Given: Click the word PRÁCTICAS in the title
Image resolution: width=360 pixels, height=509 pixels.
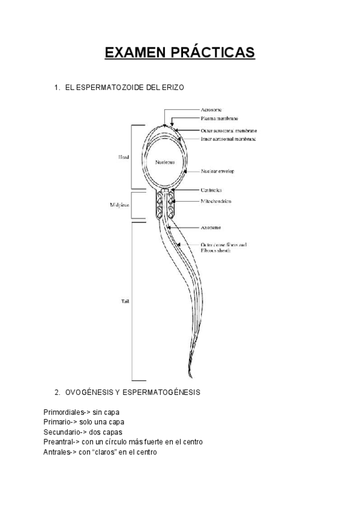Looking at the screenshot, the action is click(x=212, y=53).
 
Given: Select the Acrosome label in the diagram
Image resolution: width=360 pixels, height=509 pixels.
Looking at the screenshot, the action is click(x=212, y=110).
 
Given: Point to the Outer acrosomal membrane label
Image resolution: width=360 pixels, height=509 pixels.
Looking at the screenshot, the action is click(x=229, y=130).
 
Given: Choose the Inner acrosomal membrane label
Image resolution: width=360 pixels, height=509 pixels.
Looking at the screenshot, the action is click(x=228, y=139).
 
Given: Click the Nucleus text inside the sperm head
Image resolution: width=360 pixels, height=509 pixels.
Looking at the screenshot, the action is click(x=164, y=162).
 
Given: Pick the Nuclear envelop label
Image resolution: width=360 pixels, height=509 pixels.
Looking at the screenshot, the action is click(x=218, y=171).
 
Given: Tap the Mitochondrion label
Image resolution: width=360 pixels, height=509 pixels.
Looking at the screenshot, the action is click(x=215, y=201).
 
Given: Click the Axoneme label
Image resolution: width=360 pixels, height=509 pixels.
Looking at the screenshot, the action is click(x=212, y=227).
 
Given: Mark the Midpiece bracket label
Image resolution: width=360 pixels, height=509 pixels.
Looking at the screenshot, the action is click(x=120, y=205).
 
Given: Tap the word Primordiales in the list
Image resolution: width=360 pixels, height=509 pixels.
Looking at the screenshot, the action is click(x=63, y=413).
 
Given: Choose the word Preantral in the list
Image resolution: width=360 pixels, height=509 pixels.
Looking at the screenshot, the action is click(x=59, y=442).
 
